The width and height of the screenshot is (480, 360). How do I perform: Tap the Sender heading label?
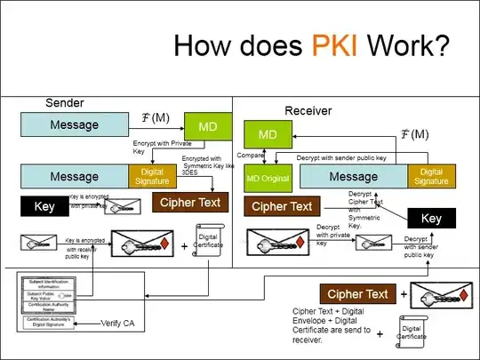[x=66, y=103]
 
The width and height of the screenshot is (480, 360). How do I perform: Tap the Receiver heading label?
[x=308, y=110]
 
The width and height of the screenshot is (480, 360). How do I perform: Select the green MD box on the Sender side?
[x=206, y=127]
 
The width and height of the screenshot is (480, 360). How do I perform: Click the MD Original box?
[x=268, y=178]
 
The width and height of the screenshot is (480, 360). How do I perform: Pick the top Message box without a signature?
[x=74, y=124]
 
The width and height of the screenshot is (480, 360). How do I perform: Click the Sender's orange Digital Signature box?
[x=153, y=176]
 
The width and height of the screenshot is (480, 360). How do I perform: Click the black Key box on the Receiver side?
[x=431, y=219]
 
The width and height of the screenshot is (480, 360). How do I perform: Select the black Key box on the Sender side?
[x=44, y=206]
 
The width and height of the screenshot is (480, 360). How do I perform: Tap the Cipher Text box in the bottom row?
[x=357, y=294]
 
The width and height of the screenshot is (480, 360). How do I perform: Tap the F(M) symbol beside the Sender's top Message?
[x=156, y=117]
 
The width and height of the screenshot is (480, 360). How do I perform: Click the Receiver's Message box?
[x=354, y=177]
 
